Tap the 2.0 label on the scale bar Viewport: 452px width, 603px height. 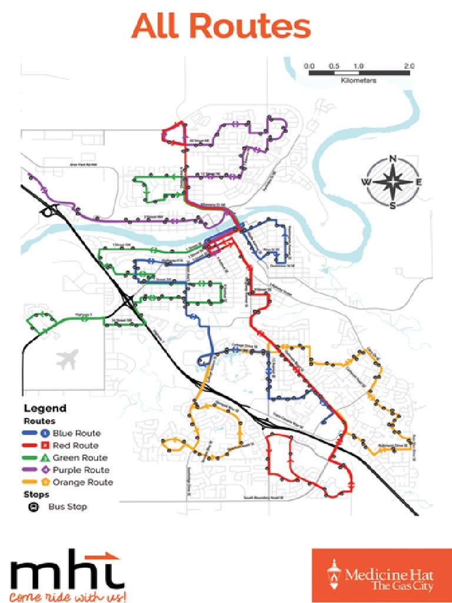point(410,65)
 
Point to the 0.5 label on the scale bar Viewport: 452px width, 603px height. point(334,65)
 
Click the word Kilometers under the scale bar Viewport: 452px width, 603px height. point(358,79)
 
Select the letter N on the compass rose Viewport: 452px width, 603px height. point(393,158)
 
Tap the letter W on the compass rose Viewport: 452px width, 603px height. point(366,182)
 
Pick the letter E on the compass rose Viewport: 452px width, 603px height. point(418,182)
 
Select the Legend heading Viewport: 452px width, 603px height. point(45,408)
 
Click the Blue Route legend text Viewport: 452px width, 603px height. point(77,433)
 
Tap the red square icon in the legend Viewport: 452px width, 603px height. point(45,446)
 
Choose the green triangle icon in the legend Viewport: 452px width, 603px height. point(45,458)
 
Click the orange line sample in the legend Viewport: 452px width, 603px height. point(32,482)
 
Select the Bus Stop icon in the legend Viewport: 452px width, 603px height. point(34,506)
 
